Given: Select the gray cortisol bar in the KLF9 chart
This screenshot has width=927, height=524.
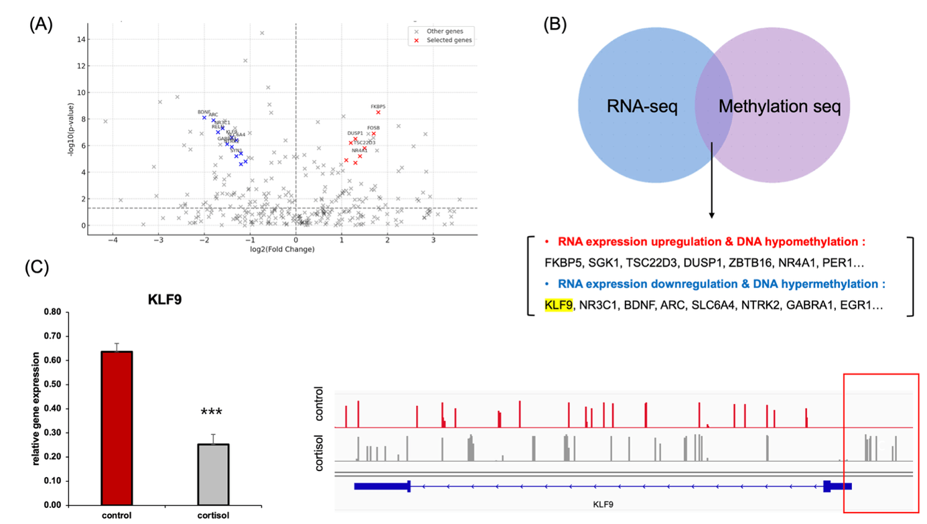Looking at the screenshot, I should pos(214,474).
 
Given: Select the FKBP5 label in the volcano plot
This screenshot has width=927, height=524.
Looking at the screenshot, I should pos(378,107).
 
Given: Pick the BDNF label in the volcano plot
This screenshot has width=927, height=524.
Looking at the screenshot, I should pos(204,112).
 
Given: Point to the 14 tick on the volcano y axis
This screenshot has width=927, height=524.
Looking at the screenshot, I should pos(80,40).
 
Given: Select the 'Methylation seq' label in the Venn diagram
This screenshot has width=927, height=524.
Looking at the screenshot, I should pos(780,107).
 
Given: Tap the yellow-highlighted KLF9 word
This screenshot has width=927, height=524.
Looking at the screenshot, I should pos(559,305).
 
